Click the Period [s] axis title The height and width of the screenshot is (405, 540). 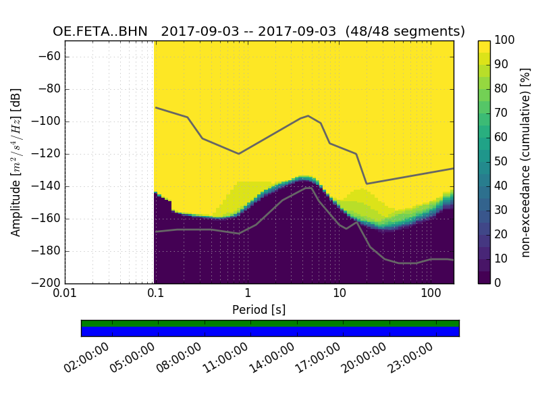(259, 310)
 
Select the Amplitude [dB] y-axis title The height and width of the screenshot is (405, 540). (16, 162)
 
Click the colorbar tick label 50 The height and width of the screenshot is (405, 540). (502, 162)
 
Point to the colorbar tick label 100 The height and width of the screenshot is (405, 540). (505, 40)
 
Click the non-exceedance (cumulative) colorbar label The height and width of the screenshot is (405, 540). (526, 162)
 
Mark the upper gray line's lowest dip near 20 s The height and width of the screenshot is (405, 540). (367, 184)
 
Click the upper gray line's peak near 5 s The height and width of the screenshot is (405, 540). (308, 115)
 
